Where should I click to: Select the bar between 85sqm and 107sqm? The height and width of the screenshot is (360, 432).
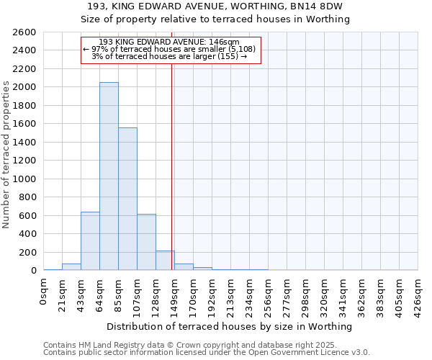click(x=127, y=199)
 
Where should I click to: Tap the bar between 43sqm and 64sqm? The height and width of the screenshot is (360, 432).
click(x=90, y=241)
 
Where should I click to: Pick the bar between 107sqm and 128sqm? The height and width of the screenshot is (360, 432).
click(x=146, y=242)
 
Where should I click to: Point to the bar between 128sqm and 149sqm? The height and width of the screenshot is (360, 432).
click(x=165, y=261)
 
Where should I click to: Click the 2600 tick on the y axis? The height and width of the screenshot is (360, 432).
click(x=27, y=32)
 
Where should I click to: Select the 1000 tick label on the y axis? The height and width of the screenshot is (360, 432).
click(x=27, y=179)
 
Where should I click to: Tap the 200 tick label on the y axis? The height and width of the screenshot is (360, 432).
click(x=29, y=253)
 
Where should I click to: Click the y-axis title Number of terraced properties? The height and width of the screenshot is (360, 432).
click(x=6, y=155)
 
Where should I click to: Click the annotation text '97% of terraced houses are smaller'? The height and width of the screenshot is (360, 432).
click(x=173, y=49)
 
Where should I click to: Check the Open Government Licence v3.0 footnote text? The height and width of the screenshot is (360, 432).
click(x=310, y=352)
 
